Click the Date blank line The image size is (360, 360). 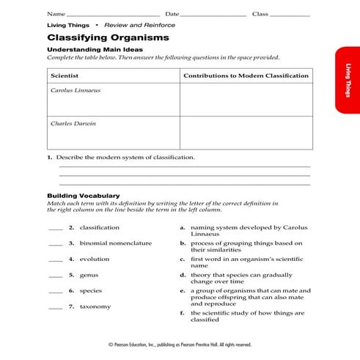[x=213, y=15]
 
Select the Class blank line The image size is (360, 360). [x=290, y=15]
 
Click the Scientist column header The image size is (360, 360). [x=64, y=76]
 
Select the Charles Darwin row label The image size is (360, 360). [x=73, y=123]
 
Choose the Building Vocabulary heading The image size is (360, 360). [x=83, y=196]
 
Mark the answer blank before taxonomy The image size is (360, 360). [x=55, y=307]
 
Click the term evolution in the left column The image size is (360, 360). [x=94, y=259]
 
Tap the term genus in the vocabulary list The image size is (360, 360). [x=89, y=275]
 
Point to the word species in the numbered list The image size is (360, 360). [x=91, y=290]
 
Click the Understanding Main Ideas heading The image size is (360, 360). [x=89, y=49]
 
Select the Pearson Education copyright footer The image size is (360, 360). [x=180, y=345]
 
